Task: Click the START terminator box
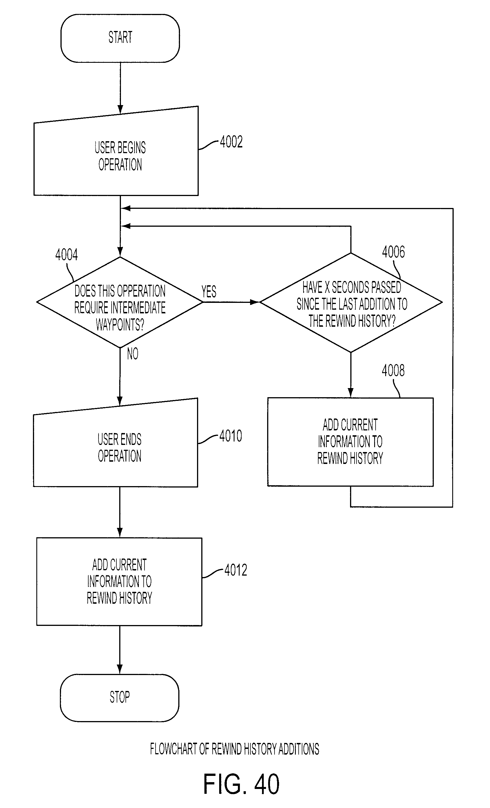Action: [120, 38]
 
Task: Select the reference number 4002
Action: [231, 142]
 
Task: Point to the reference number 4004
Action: [66, 255]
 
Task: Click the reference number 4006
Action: [393, 252]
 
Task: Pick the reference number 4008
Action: [393, 370]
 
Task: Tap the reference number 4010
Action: [231, 436]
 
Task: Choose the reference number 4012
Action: [236, 570]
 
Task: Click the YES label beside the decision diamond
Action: [209, 291]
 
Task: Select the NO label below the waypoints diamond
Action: [133, 353]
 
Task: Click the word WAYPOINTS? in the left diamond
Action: [120, 325]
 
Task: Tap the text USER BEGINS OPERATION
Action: [120, 156]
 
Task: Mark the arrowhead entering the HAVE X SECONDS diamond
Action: [255, 302]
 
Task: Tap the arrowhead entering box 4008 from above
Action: [350, 393]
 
